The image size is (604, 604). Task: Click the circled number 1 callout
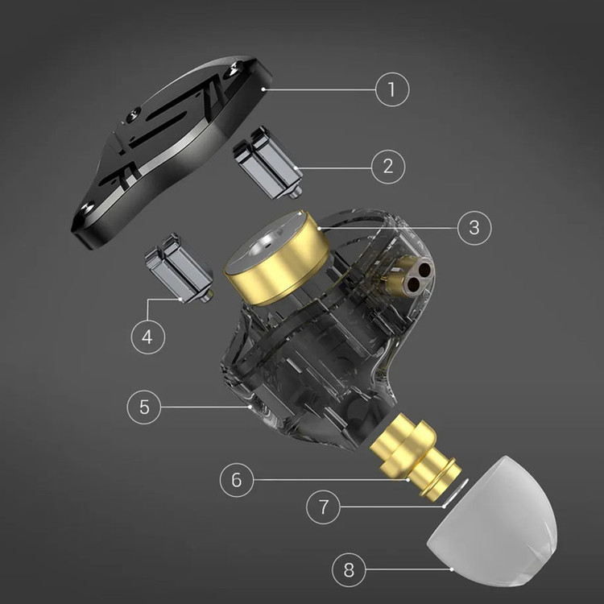click(x=392, y=89)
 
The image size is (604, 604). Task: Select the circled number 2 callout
click(x=388, y=167)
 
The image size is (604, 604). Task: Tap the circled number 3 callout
click(x=474, y=228)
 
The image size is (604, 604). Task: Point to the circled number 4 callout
click(x=148, y=337)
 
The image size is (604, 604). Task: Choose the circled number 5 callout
click(x=144, y=407)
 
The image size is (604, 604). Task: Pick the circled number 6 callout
click(x=237, y=480)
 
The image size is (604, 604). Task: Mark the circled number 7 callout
click(x=323, y=507)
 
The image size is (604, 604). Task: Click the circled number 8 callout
click(x=349, y=569)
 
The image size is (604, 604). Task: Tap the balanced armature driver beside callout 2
click(x=268, y=162)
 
